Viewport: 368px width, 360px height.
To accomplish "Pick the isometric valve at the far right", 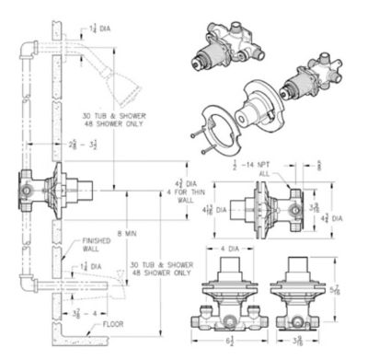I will click(x=318, y=82).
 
